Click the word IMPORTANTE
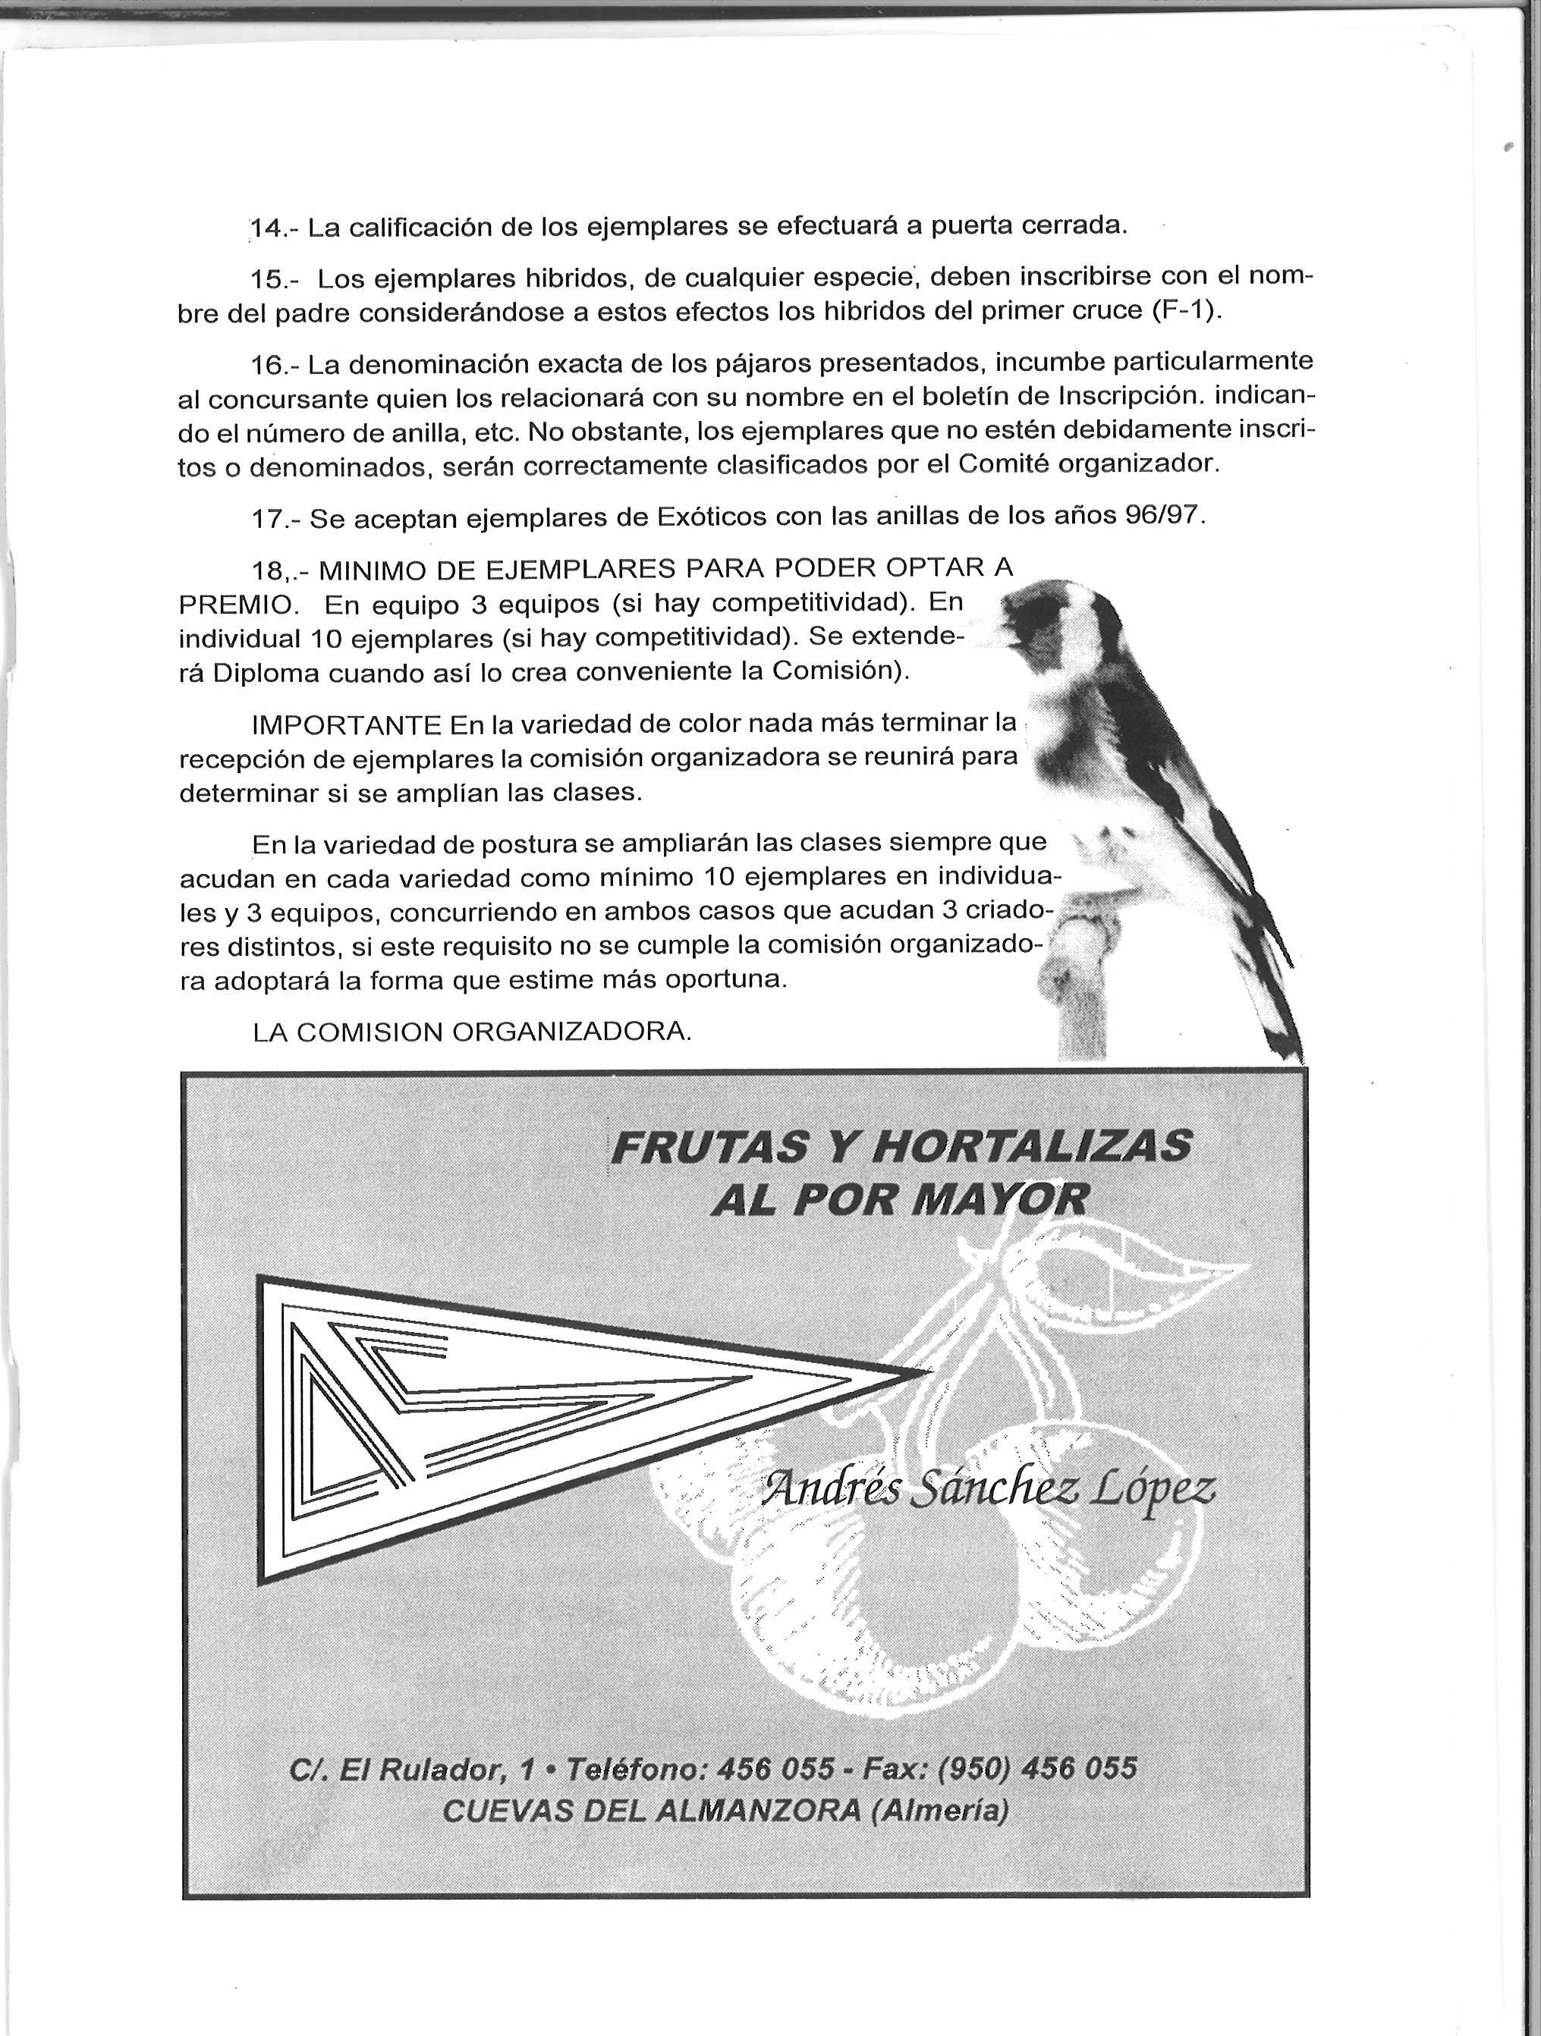tap(347, 724)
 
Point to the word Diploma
tap(268, 673)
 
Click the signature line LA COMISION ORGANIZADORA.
tap(471, 1032)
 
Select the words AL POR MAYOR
tap(899, 1199)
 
